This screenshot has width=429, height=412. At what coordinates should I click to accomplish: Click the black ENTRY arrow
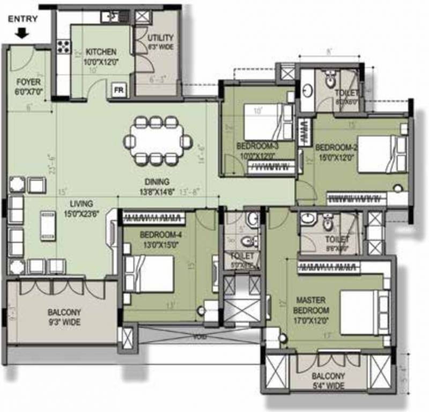tap(21, 34)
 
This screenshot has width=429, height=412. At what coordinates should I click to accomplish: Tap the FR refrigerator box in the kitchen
tap(117, 90)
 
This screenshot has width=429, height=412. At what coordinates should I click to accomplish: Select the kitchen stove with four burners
tap(63, 46)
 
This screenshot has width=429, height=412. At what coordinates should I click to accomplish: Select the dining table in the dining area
tap(156, 141)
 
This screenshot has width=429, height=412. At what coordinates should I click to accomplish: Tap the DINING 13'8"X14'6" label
tap(157, 186)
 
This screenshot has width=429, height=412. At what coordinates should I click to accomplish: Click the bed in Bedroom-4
tap(149, 273)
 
